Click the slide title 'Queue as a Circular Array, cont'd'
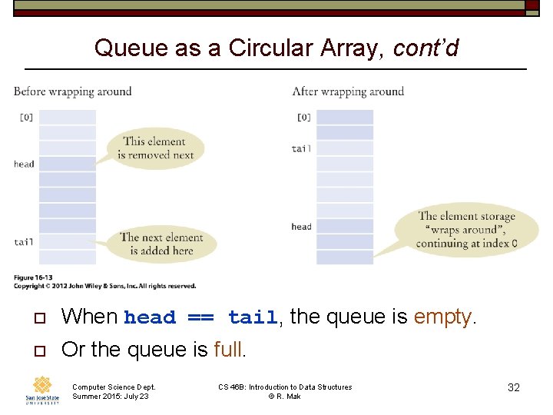coord(276,48)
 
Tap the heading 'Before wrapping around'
coord(73,91)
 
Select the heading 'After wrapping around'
coord(348,91)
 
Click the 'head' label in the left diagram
coord(24,164)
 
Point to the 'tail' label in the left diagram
coord(24,242)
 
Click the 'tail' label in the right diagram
coord(302,148)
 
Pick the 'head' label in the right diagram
coord(302,227)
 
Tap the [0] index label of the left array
coord(26,118)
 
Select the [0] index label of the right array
coord(304,118)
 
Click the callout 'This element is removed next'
coord(154,148)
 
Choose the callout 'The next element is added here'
coord(161,244)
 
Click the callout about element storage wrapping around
coord(466,230)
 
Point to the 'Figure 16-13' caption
coord(34,277)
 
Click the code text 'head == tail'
coord(200,317)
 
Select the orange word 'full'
coord(228,350)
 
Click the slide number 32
coord(514,387)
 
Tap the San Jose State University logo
coord(42,390)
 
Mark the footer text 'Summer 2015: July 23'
coord(111,397)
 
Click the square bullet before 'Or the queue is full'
coord(40,350)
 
